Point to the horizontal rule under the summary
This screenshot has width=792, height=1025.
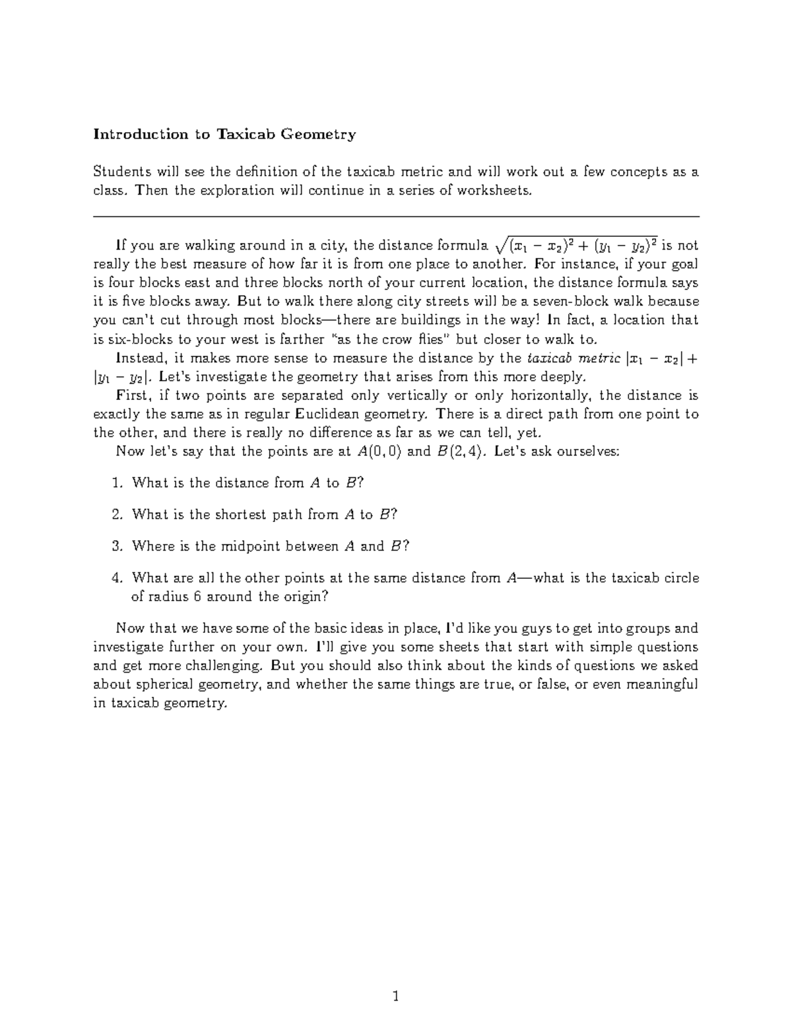396,216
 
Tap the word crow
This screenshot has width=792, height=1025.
412,340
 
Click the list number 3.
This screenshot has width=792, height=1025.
117,546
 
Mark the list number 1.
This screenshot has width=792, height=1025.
117,483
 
